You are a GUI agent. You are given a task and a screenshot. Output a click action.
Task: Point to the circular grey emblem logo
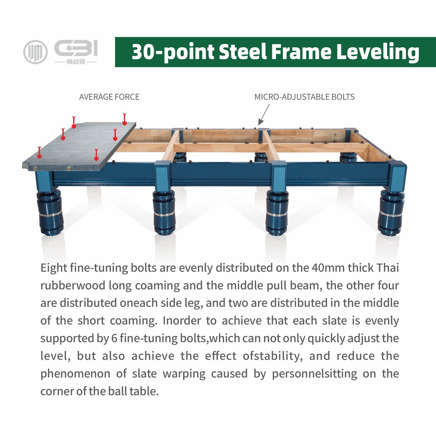[35, 52]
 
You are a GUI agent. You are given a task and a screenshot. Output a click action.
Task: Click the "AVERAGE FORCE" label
[109, 97]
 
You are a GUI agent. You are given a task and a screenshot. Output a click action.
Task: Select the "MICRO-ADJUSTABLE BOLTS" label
[304, 97]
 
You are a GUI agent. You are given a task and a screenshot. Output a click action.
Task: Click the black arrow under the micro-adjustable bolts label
[264, 115]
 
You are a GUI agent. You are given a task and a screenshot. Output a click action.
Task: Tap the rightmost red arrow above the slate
[125, 119]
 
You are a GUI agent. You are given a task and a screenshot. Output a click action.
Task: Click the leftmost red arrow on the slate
[40, 152]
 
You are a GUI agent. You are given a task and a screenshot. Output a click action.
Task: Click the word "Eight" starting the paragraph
[54, 268]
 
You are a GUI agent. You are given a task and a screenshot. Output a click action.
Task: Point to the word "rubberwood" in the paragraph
[73, 285]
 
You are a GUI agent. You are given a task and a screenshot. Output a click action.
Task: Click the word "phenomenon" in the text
[75, 374]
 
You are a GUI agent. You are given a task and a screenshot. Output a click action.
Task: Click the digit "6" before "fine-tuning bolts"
[114, 338]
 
